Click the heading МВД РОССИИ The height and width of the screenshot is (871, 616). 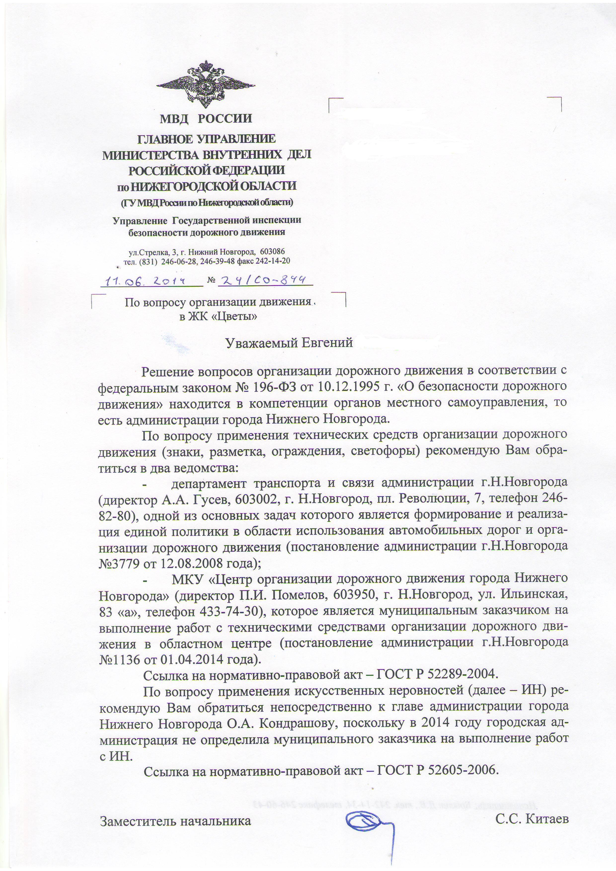coord(206,119)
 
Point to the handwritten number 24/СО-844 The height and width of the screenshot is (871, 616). coord(261,280)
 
